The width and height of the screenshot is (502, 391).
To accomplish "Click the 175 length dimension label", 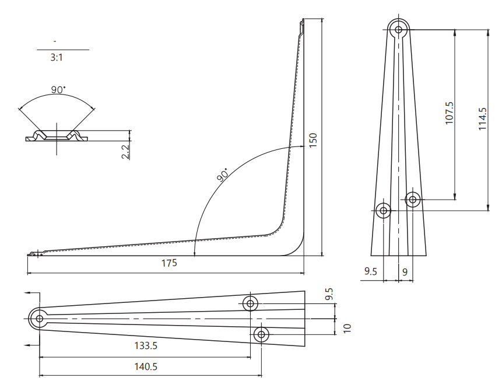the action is click(x=169, y=263).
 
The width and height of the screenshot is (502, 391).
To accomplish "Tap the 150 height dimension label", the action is click(x=313, y=140).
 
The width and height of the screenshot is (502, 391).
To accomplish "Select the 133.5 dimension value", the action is click(x=146, y=346).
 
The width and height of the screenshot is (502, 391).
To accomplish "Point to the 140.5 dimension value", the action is click(x=146, y=366).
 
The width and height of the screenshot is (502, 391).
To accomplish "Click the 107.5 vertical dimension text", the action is click(x=450, y=113).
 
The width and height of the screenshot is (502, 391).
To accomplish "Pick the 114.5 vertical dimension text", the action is click(x=483, y=118).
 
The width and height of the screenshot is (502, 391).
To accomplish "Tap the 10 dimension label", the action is click(x=347, y=329).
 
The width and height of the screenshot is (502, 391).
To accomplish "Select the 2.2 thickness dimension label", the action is click(x=126, y=152).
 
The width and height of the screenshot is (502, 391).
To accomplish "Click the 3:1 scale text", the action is click(x=57, y=58).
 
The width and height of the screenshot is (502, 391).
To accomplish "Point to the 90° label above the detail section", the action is click(x=58, y=90).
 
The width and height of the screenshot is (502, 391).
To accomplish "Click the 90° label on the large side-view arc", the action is click(x=223, y=174).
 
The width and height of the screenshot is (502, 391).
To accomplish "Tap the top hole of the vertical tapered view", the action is click(x=398, y=30).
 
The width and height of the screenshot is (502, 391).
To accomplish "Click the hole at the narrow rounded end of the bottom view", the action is click(x=40, y=319).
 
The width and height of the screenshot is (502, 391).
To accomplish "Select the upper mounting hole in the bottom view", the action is click(x=250, y=303).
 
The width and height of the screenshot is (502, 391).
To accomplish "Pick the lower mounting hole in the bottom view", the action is click(x=261, y=334).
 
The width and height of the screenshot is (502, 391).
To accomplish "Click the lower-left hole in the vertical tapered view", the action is click(x=383, y=211).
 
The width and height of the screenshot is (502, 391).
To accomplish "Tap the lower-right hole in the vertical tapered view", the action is click(x=413, y=200).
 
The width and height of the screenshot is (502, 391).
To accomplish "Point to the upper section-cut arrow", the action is click(x=32, y=292).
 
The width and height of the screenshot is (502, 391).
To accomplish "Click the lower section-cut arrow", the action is click(x=32, y=345).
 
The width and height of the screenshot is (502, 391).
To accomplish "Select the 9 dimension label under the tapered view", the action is click(x=405, y=272).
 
